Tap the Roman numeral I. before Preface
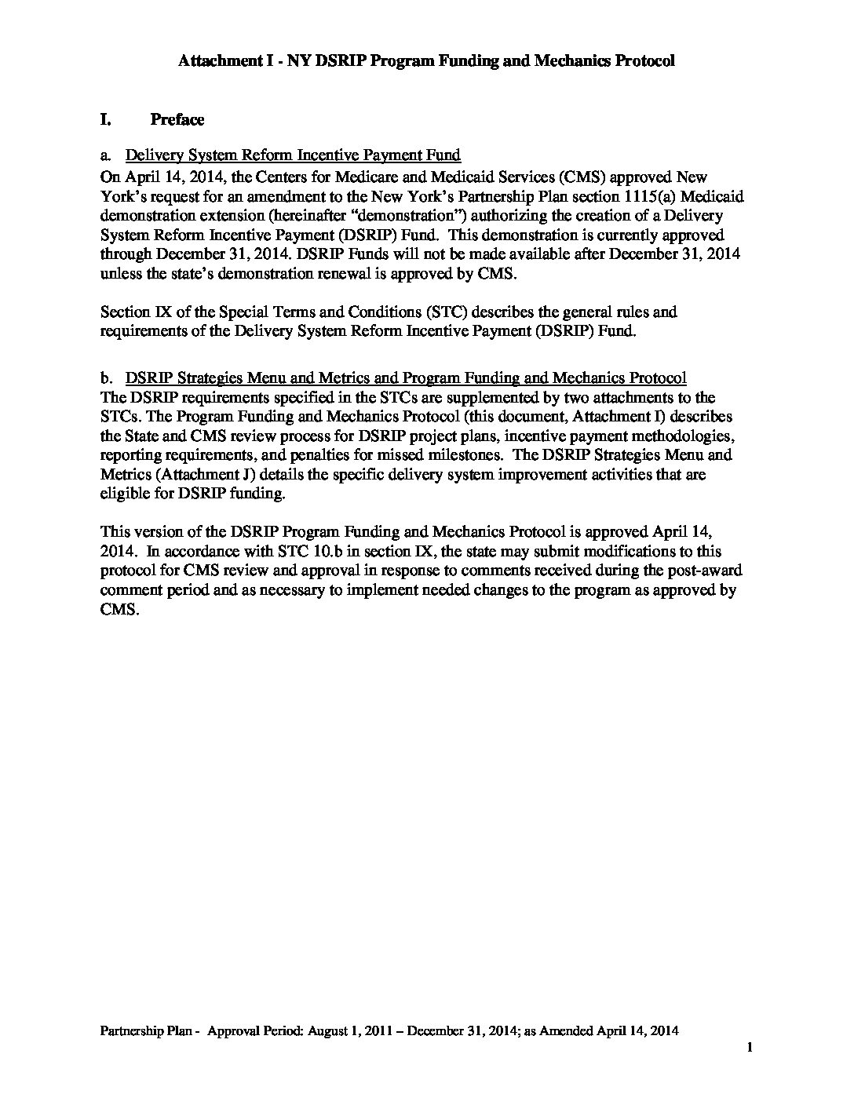[104, 120]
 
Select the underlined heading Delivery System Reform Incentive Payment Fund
[293, 155]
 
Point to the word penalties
[332, 455]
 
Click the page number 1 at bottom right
[750, 1048]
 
